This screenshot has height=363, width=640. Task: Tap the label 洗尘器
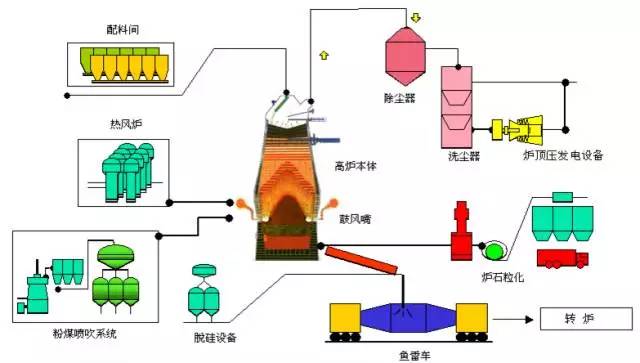tap(464, 157)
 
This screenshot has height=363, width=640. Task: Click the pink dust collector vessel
tap(406, 56)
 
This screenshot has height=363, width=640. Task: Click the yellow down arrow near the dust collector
tap(415, 17)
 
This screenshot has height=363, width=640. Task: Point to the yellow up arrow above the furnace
tap(323, 53)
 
